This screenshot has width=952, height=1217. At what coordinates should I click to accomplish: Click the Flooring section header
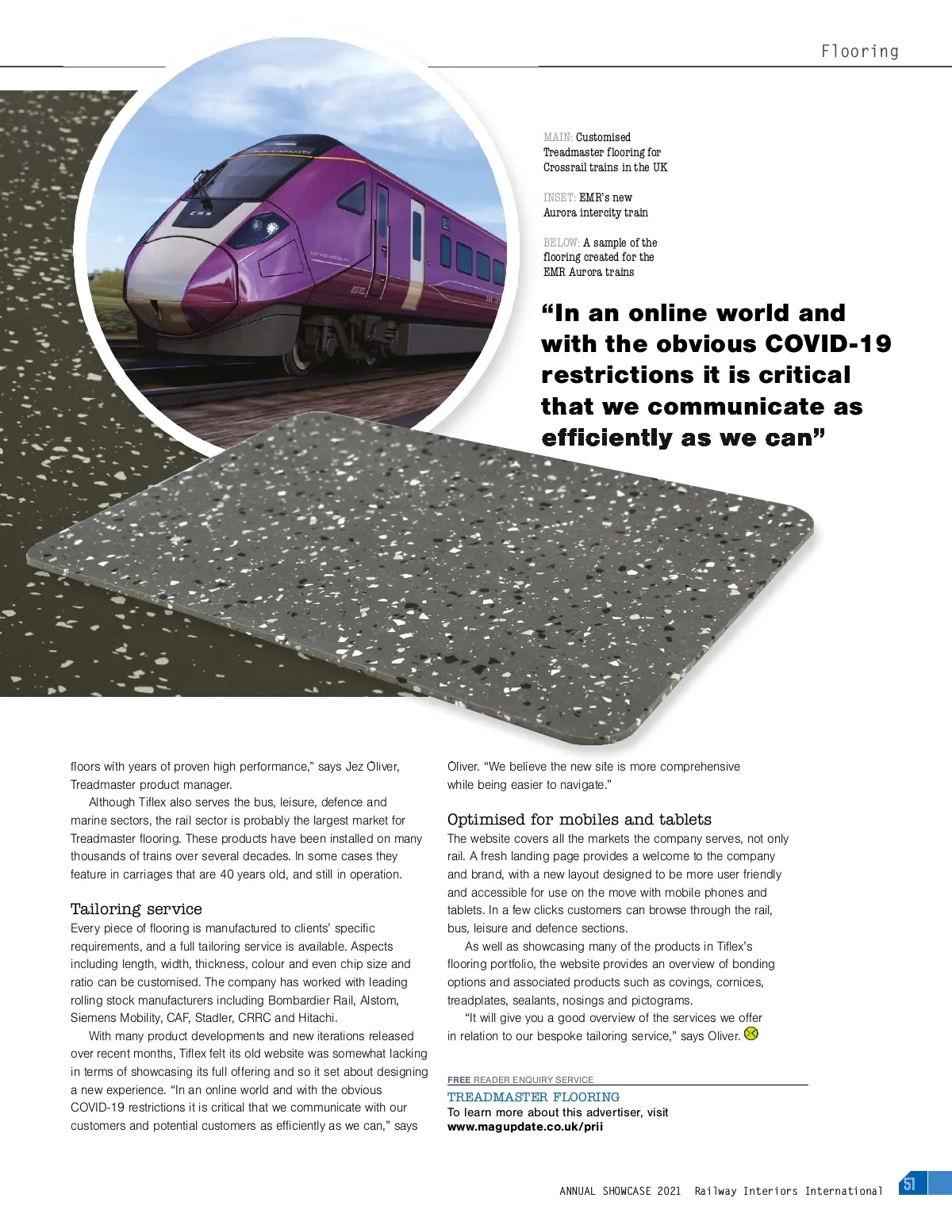[859, 52]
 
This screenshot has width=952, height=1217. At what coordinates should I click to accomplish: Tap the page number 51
[909, 1184]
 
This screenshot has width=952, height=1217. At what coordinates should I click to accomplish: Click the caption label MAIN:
[558, 137]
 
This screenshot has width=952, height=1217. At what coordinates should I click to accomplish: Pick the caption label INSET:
[559, 197]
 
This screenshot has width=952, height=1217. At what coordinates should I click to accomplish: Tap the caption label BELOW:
[561, 243]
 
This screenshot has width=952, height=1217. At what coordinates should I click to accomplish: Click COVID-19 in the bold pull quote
[827, 344]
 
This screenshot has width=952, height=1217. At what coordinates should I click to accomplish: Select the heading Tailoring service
[136, 909]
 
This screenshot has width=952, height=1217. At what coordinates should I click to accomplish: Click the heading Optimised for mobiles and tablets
[579, 819]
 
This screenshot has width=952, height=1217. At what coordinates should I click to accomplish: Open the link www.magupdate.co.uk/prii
[525, 1127]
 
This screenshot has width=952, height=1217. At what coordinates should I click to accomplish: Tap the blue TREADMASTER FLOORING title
[533, 1097]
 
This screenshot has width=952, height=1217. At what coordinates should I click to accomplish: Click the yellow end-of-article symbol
[751, 1034]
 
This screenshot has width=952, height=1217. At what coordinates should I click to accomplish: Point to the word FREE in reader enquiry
[459, 1080]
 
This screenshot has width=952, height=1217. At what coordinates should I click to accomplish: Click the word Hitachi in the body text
[317, 1018]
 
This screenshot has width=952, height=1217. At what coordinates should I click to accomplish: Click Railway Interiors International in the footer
[788, 1191]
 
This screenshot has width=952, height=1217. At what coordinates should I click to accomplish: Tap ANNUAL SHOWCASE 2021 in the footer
[620, 1191]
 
